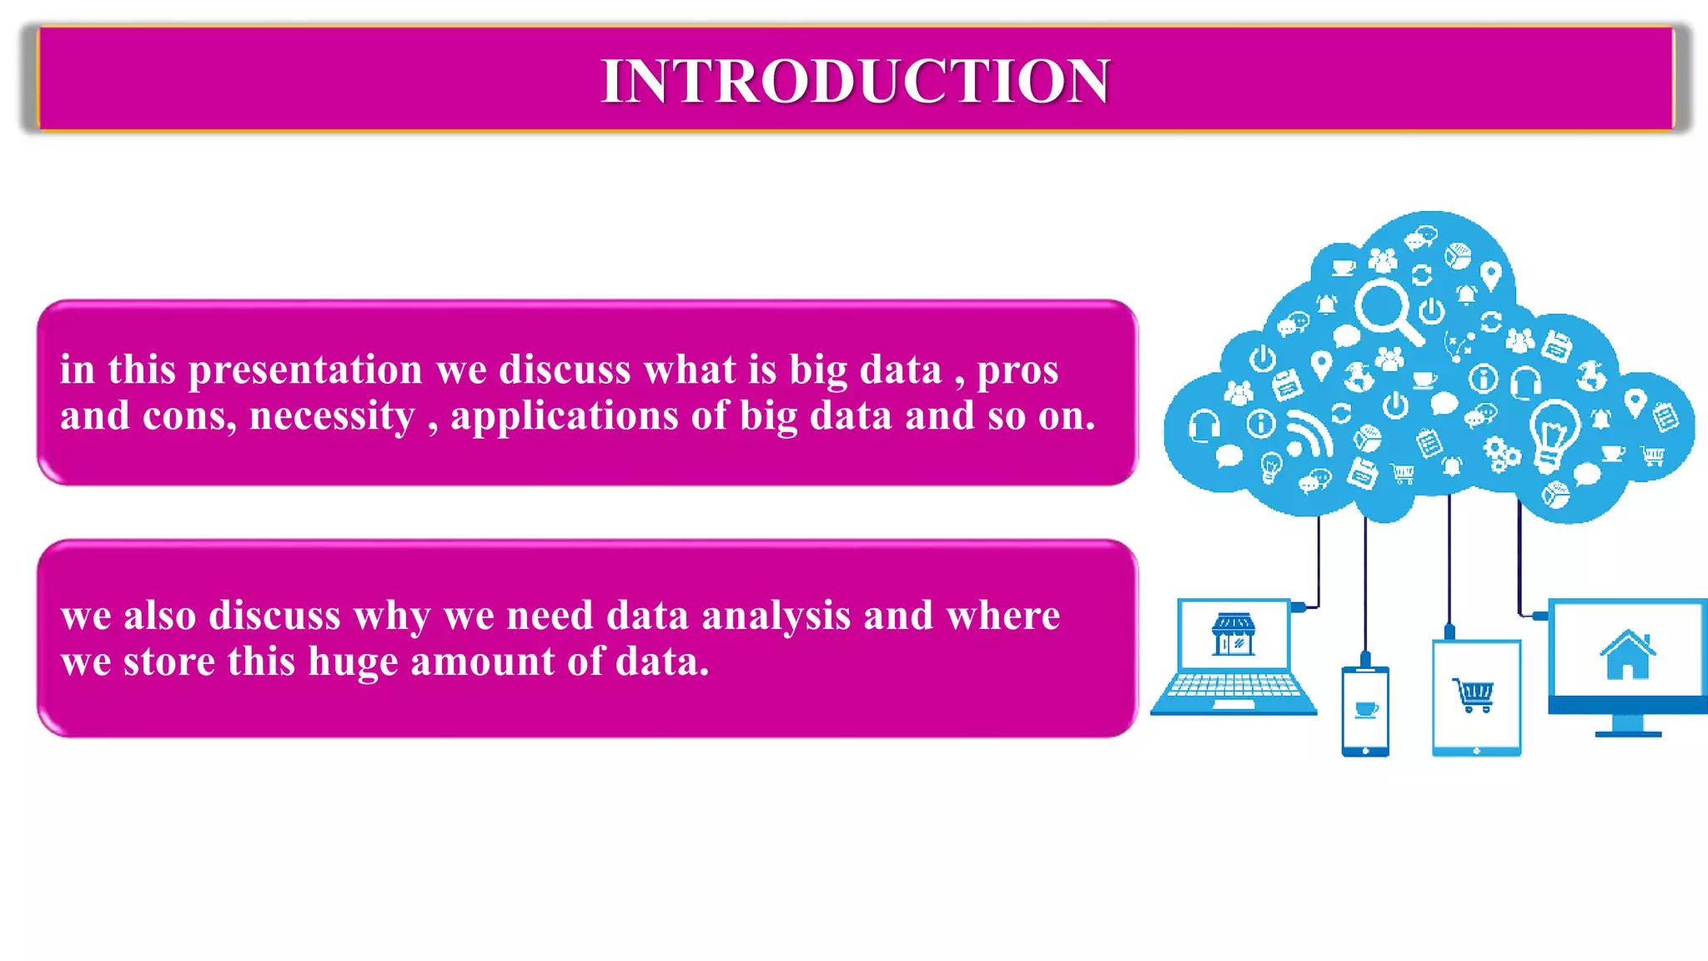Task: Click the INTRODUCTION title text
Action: click(855, 81)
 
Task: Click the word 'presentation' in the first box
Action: click(305, 370)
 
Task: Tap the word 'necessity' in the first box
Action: click(332, 415)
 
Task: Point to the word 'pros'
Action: click(1017, 370)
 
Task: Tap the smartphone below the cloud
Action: click(1365, 711)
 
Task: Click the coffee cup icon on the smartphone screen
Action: click(1366, 709)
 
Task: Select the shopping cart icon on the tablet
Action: click(1474, 694)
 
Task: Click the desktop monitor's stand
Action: click(1628, 727)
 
